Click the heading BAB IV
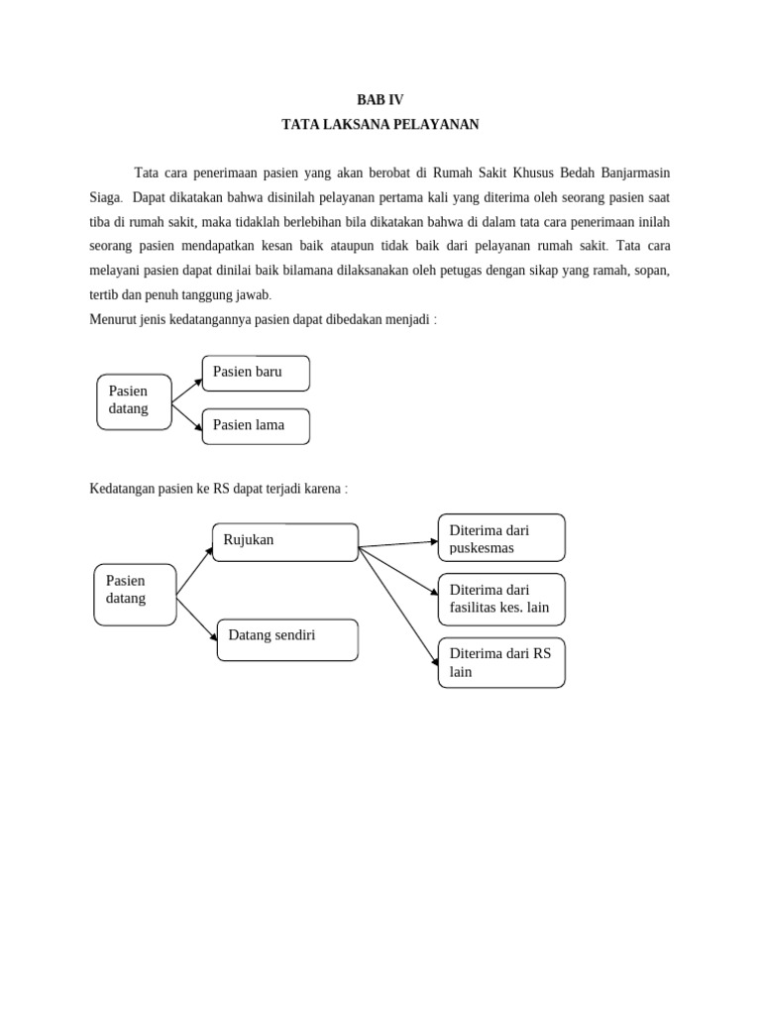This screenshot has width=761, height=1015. point(380,99)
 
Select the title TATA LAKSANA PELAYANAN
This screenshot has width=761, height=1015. point(380,124)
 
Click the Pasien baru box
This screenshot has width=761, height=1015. point(256,373)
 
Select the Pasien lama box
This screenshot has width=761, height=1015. point(256,425)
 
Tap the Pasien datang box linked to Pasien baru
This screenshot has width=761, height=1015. point(134,400)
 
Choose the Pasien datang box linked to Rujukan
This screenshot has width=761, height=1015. point(135,595)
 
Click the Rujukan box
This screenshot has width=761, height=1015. point(285,541)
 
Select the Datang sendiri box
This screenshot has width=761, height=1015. point(287,639)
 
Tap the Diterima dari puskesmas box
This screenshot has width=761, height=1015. point(501,538)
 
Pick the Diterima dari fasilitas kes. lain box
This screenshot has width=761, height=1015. point(501,599)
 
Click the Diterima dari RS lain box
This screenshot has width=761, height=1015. point(501,663)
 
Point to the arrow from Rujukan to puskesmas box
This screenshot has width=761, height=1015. point(398,544)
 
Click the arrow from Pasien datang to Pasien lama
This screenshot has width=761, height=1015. point(186,415)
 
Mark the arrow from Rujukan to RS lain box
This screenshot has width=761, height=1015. point(398,604)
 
